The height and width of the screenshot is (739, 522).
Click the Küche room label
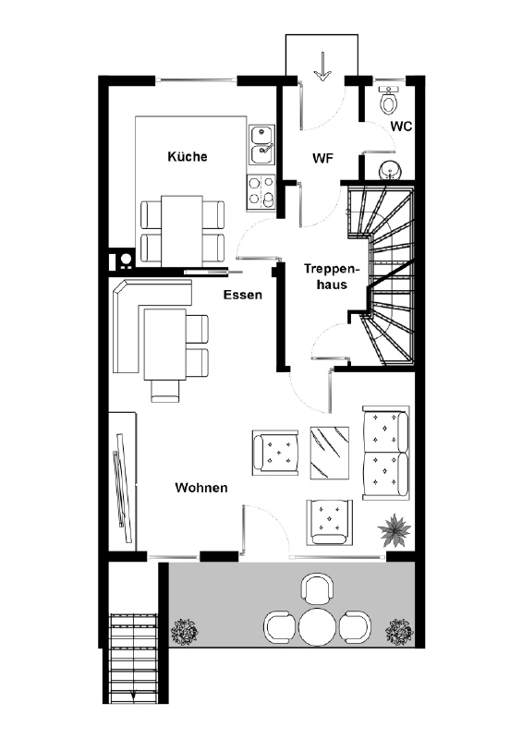tap(188, 156)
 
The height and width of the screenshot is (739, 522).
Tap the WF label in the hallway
tap(322, 158)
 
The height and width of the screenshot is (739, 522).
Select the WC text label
tap(401, 127)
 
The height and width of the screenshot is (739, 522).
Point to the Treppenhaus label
tap(332, 276)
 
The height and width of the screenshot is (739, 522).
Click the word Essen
tap(242, 295)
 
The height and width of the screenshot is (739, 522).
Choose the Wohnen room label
tap(201, 488)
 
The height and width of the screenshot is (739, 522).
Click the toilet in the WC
tap(389, 100)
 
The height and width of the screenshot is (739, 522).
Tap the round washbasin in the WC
tap(390, 169)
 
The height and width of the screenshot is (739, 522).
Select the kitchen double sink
tap(261, 145)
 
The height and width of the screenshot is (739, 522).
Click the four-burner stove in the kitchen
tap(261, 192)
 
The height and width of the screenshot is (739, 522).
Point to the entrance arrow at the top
tap(322, 66)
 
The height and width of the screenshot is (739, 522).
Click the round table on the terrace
tap(317, 627)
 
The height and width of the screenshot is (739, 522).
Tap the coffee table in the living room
tap(330, 453)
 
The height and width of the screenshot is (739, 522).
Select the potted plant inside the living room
tap(395, 530)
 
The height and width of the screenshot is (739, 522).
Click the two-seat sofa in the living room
tap(385, 452)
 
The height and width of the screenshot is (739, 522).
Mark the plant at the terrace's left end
tap(185, 632)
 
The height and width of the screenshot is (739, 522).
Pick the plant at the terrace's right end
tap(399, 632)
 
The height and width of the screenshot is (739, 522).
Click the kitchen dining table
tap(181, 231)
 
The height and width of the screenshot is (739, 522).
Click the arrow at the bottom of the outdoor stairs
tap(134, 695)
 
